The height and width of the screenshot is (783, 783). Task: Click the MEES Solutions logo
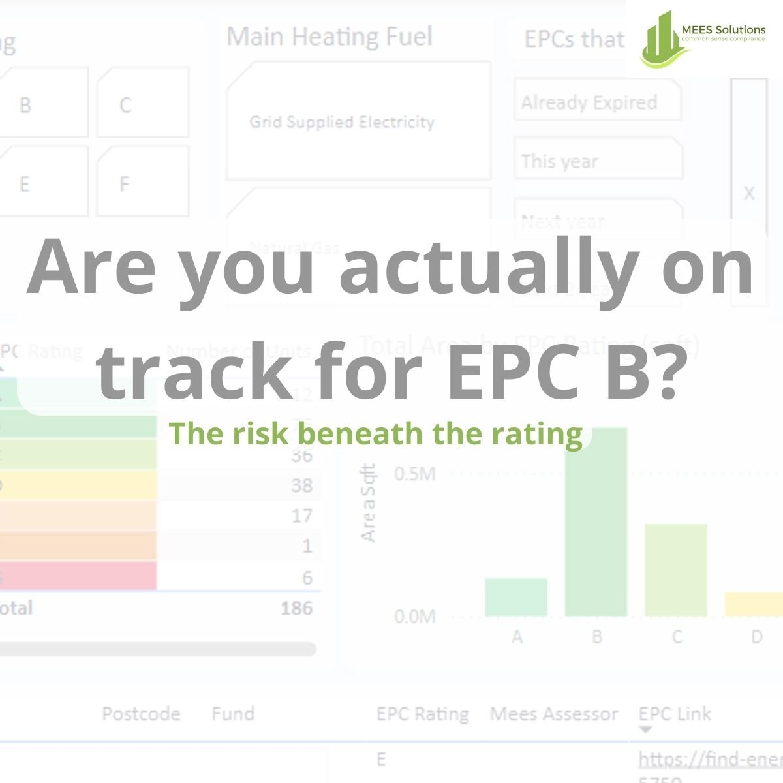point(703,38)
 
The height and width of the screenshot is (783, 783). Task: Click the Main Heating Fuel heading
point(330,37)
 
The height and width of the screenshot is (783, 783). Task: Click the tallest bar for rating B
point(596,522)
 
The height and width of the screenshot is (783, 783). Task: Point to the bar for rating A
point(516,597)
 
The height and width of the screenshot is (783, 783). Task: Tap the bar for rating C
point(676,570)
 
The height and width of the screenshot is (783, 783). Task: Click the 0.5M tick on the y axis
point(414,474)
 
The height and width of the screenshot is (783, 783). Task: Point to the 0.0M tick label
point(414,617)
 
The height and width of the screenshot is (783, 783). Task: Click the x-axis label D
point(756,636)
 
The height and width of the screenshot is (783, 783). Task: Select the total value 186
point(296,608)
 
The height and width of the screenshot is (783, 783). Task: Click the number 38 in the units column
point(301,485)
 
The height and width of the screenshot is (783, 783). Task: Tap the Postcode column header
point(141,714)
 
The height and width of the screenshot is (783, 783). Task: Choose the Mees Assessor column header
point(553,714)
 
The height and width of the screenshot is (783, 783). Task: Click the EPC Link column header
point(675,714)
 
